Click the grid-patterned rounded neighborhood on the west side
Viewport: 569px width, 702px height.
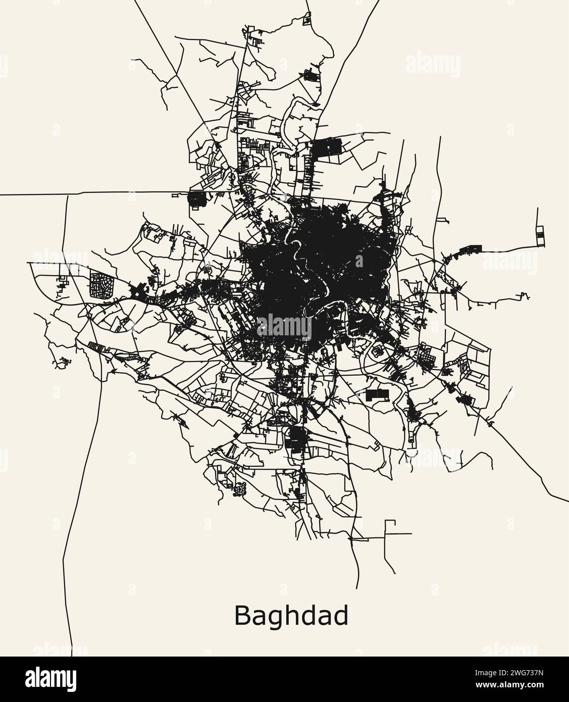click(101, 285)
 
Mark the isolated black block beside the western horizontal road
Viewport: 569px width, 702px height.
click(195, 199)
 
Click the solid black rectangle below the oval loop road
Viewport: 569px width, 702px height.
click(378, 395)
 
